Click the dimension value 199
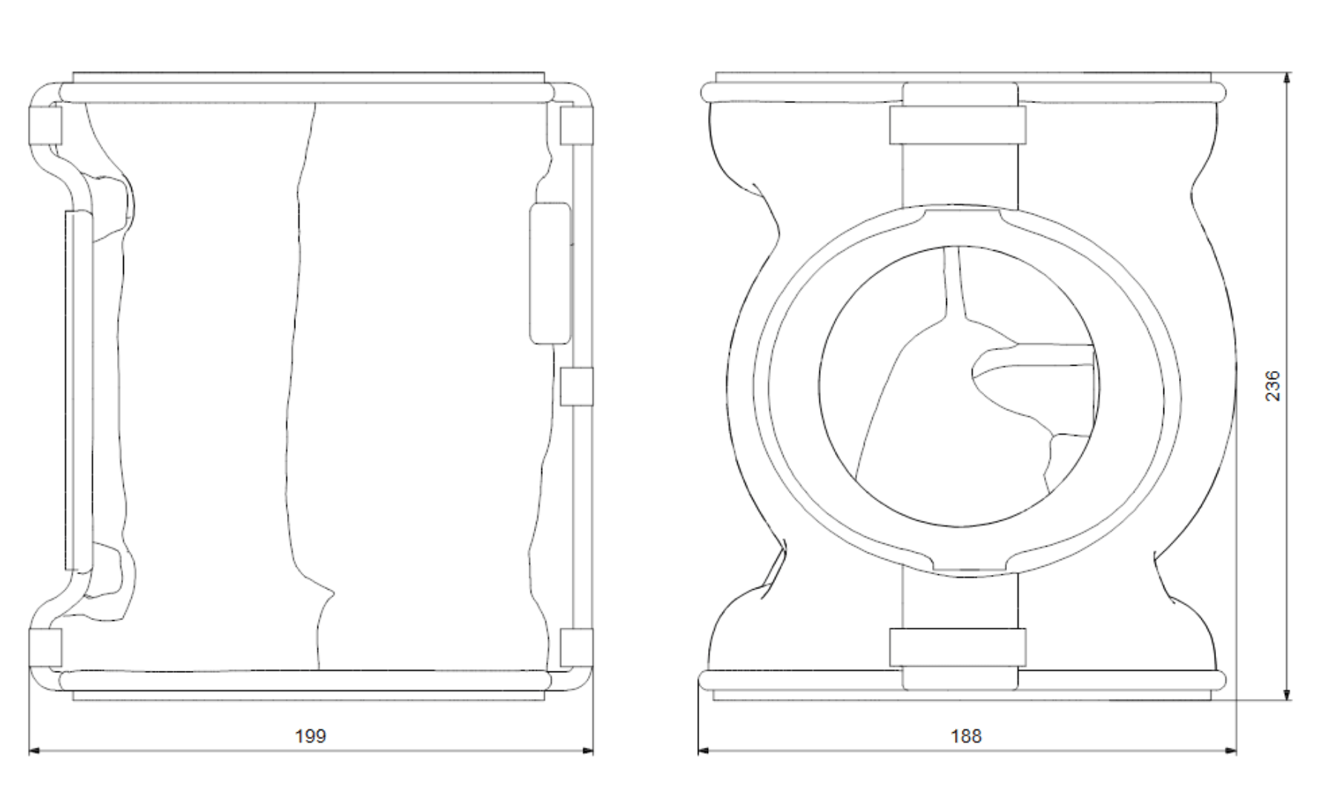(x=310, y=736)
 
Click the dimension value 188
(x=966, y=736)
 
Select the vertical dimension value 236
(x=1272, y=386)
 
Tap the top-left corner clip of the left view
(x=44, y=125)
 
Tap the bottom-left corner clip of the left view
(x=44, y=648)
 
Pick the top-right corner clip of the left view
(x=577, y=125)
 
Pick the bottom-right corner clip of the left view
(x=577, y=648)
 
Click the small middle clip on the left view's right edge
(x=577, y=387)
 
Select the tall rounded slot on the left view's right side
(x=550, y=274)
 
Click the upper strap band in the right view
(x=958, y=125)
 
